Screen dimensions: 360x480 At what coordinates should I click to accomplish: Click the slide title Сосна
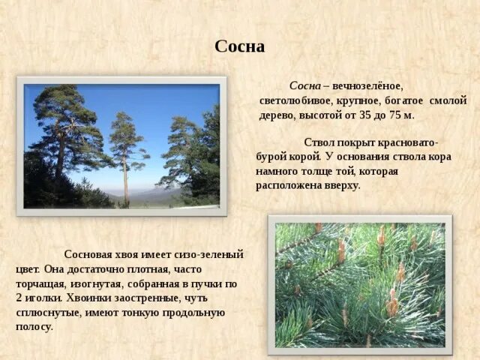pos(239,46)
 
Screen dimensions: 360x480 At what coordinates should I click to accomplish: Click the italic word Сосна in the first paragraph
pos(304,85)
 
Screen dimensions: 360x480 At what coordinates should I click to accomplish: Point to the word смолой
pos(448,100)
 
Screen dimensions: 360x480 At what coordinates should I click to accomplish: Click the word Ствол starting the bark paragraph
pos(319,142)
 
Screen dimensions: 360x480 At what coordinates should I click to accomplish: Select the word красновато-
pos(403,142)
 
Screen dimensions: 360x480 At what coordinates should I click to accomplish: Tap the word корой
pos(305,157)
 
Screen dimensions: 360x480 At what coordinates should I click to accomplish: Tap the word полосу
pos(34,326)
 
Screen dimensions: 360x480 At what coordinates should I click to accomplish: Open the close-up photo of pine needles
pos(359,284)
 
